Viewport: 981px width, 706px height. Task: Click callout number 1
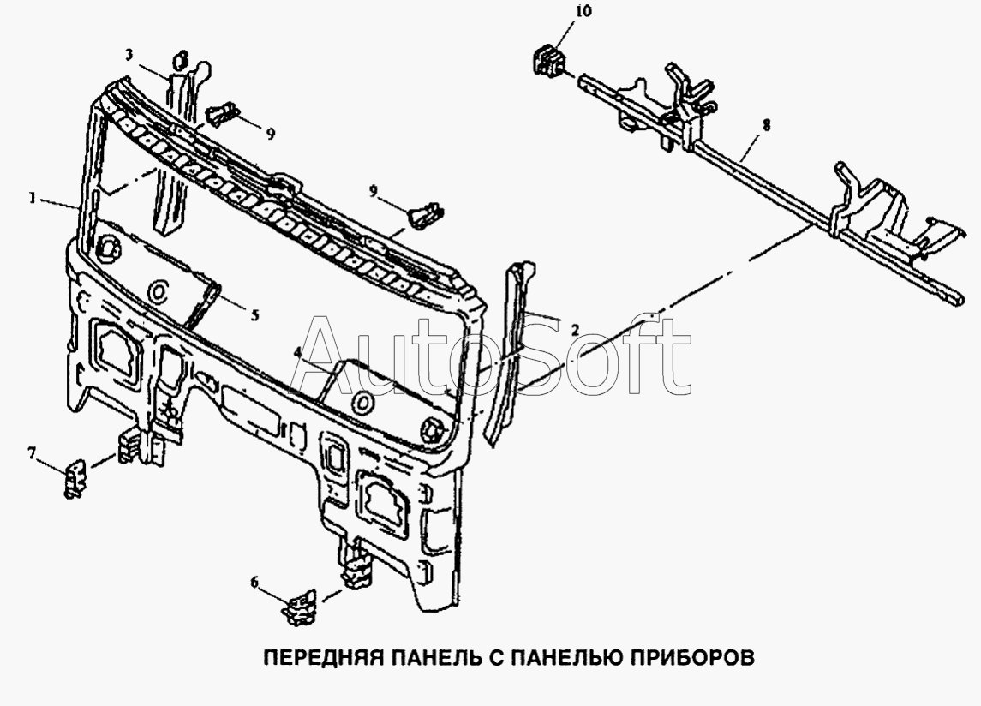[x=32, y=198]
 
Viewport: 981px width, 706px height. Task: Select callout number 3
[x=129, y=55]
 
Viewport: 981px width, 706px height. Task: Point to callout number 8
[x=767, y=125]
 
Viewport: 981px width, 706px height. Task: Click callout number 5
[x=254, y=315]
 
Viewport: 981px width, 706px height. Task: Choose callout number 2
[x=575, y=330]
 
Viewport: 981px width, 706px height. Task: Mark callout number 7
[x=32, y=452]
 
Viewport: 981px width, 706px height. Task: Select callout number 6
[x=254, y=583]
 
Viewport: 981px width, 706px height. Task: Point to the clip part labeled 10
[x=548, y=58]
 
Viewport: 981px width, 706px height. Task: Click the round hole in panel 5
[x=158, y=291]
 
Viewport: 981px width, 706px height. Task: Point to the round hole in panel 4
[x=362, y=402]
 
